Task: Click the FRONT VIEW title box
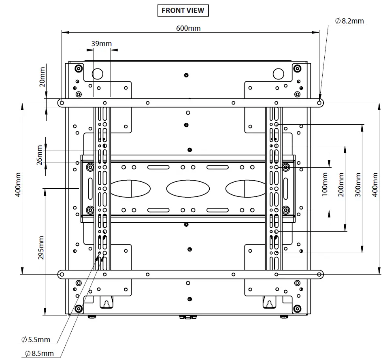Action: tap(183, 11)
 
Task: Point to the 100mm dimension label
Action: tap(325, 184)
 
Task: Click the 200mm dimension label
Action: tap(341, 184)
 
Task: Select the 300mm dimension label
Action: tap(358, 184)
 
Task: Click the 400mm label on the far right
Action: tap(374, 184)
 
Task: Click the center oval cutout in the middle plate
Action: tap(188, 189)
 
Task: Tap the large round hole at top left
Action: tap(98, 73)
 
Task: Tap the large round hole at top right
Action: tap(279, 73)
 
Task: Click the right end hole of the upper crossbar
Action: tap(319, 103)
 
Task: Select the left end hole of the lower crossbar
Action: tap(61, 275)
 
